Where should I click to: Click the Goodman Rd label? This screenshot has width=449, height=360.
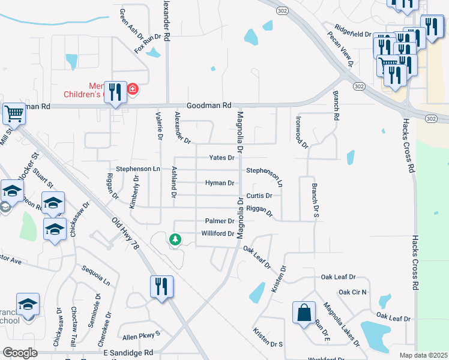click(x=209, y=105)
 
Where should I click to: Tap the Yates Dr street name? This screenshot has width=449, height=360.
click(x=221, y=158)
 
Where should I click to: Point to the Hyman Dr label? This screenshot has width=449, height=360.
click(x=220, y=183)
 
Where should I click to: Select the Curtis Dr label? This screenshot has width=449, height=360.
click(x=259, y=196)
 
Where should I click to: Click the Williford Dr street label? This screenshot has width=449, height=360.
click(x=217, y=233)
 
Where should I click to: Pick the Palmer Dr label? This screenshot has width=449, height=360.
click(x=219, y=221)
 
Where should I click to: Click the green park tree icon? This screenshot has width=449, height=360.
click(x=175, y=239)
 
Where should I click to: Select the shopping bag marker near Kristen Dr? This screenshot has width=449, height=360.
click(x=304, y=313)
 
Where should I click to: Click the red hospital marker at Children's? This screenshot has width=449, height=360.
click(x=132, y=91)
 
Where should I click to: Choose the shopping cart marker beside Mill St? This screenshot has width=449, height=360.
click(x=14, y=113)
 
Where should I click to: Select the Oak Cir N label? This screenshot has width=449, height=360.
click(x=352, y=292)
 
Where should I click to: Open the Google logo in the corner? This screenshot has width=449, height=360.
click(x=20, y=353)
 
